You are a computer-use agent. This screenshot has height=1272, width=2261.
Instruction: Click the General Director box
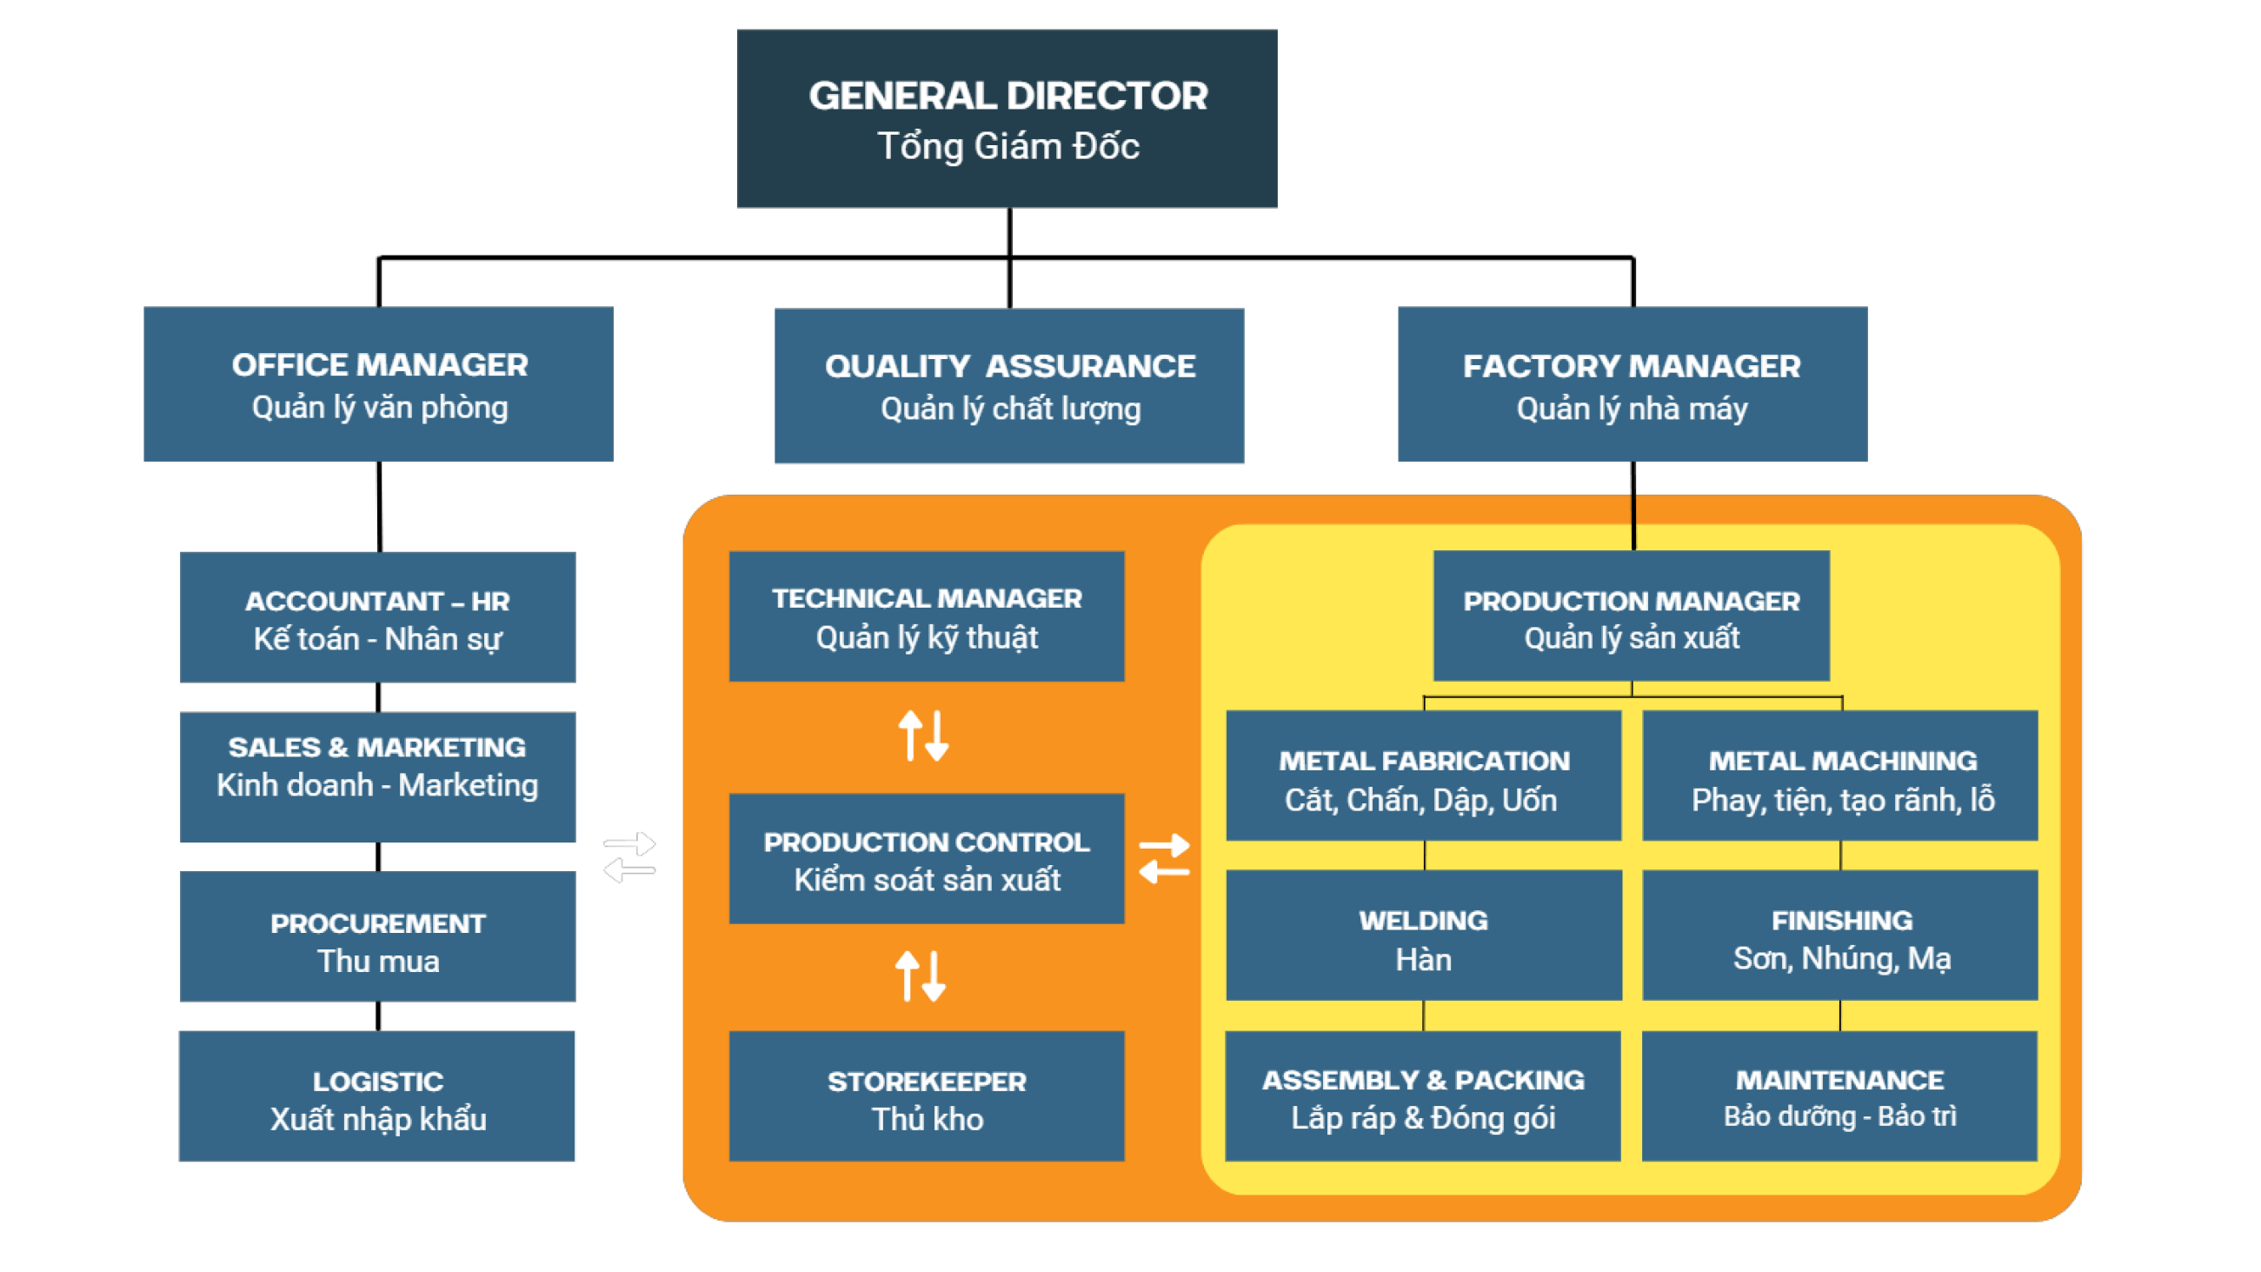click(x=1007, y=118)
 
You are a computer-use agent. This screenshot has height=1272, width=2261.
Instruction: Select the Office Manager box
click(x=378, y=383)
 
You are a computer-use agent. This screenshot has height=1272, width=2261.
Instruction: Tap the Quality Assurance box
click(x=1008, y=385)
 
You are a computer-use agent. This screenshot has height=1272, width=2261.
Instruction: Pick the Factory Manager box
click(x=1633, y=383)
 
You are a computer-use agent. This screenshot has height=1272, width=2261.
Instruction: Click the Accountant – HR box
click(x=378, y=617)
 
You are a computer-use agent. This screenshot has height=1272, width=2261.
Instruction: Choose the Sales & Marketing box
click(x=378, y=777)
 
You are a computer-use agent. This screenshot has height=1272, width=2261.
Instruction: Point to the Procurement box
click(x=378, y=936)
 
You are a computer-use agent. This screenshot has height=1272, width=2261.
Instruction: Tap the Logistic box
click(x=377, y=1096)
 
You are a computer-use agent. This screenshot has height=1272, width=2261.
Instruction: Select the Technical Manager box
click(x=927, y=616)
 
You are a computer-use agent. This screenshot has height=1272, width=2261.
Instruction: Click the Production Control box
click(x=927, y=858)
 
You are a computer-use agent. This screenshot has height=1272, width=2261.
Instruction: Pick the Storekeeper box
click(x=927, y=1096)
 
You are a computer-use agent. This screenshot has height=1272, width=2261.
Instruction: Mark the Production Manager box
click(x=1632, y=616)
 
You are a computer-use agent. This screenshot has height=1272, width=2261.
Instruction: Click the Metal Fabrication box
click(x=1424, y=776)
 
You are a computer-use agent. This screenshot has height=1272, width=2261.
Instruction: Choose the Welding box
click(x=1424, y=935)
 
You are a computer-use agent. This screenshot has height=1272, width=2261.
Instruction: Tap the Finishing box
click(x=1840, y=935)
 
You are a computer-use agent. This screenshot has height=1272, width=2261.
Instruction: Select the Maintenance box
click(x=1839, y=1096)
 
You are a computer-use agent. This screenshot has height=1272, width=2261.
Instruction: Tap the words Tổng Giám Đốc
click(x=1008, y=147)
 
